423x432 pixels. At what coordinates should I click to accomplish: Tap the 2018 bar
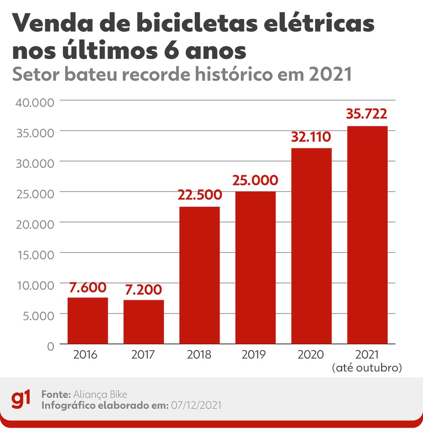point(199,276)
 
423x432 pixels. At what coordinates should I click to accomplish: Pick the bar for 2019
point(255,268)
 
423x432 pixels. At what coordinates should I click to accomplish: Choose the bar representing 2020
point(311,246)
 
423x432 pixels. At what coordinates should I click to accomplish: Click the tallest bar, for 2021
point(367,235)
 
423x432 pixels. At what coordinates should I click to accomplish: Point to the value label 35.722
point(367,114)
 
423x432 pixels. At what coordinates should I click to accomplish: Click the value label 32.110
point(311,137)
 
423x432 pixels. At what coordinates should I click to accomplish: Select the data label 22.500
point(199,195)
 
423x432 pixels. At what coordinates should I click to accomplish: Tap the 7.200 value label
point(144,289)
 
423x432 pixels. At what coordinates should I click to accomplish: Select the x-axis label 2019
point(255,355)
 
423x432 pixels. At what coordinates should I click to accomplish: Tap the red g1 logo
point(20,399)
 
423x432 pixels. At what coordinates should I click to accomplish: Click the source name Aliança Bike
point(101,394)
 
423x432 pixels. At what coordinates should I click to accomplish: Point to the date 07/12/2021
point(196,405)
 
